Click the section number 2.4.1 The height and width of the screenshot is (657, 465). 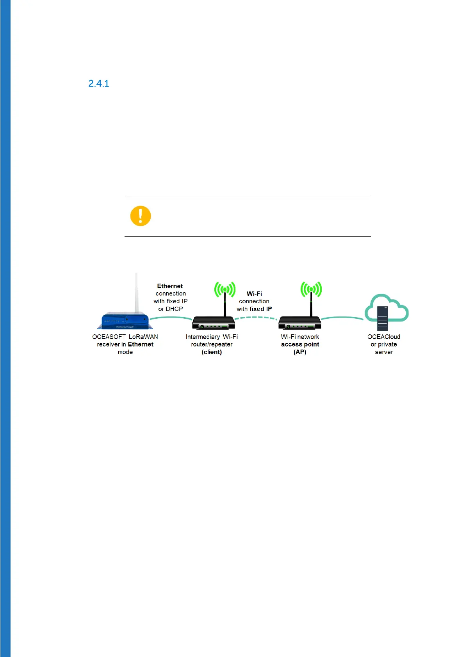tap(99, 83)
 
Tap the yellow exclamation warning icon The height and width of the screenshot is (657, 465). tap(141, 216)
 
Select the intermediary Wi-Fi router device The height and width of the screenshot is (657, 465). tap(213, 323)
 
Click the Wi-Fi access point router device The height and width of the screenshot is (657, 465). tap(299, 323)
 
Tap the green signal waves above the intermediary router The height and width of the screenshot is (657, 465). tap(225, 289)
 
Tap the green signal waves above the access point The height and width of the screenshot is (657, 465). tap(311, 289)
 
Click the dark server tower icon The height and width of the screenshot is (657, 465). tap(383, 318)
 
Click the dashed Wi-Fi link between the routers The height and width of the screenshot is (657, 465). tap(256, 318)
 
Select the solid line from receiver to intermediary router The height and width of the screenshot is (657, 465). tap(171, 318)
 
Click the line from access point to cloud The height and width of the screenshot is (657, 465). tap(342, 318)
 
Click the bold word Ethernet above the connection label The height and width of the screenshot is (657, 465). tap(170, 286)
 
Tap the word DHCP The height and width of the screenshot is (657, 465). tap(174, 309)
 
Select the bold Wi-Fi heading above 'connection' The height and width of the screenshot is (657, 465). tap(254, 293)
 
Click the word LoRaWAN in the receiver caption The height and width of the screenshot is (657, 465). tap(143, 337)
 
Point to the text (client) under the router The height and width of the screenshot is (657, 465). tap(212, 352)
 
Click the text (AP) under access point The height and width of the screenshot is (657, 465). tap(300, 352)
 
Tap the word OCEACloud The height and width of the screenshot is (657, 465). tap(383, 337)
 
